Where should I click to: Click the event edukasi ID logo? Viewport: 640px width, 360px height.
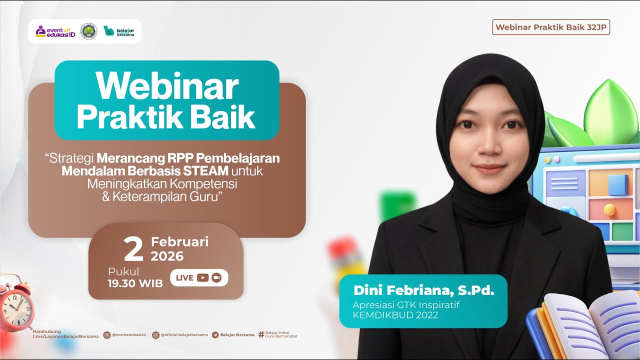pyautogui.click(x=55, y=31)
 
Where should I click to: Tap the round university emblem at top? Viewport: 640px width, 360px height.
pyautogui.click(x=89, y=31)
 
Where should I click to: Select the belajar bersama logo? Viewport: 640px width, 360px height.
pyautogui.click(x=119, y=31)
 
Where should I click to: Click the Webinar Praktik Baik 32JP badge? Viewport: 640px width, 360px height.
pyautogui.click(x=551, y=27)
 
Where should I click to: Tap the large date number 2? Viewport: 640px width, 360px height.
pyautogui.click(x=133, y=250)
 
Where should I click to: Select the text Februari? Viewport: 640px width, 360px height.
pyautogui.click(x=179, y=242)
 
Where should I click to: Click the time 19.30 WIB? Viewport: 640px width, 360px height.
pyautogui.click(x=135, y=283)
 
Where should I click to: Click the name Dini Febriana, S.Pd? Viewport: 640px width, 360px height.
pyautogui.click(x=423, y=290)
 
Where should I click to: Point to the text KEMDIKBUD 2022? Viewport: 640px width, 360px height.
pyautogui.click(x=395, y=315)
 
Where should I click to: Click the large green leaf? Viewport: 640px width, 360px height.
pyautogui.click(x=611, y=112)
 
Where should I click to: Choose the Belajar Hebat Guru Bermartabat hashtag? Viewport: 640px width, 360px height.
pyautogui.click(x=280, y=334)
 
